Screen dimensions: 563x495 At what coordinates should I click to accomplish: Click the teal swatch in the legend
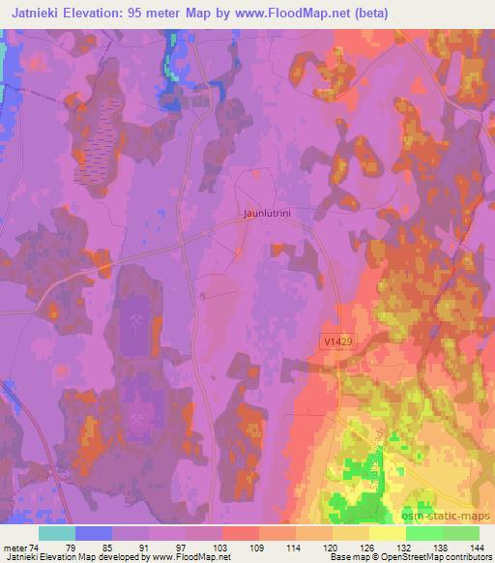tap(58, 533)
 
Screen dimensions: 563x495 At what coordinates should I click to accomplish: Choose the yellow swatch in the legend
tap(388, 533)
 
